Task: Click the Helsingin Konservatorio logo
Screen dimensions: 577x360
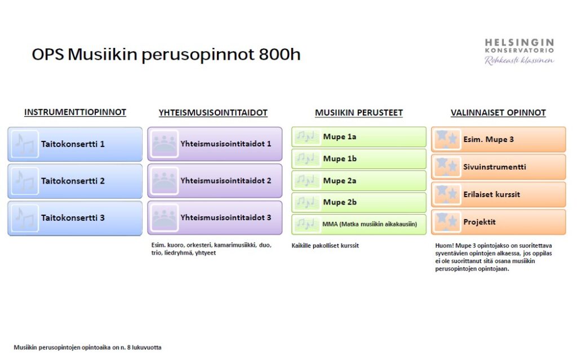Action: [x=519, y=51]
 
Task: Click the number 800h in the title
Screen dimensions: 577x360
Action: [x=279, y=54]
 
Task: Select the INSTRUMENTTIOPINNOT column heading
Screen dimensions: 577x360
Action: [x=75, y=112]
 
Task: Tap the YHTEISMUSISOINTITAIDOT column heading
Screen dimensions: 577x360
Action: [x=213, y=113]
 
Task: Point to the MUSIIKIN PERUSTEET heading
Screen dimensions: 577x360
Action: [x=359, y=113]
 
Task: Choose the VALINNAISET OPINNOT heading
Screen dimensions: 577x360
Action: [x=498, y=113]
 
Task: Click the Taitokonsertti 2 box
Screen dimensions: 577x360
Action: [x=75, y=181]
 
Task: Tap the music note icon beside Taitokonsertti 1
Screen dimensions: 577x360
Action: [x=25, y=144]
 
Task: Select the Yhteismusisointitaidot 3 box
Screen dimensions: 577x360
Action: [x=215, y=217]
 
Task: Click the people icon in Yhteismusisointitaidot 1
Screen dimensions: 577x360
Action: [x=165, y=144]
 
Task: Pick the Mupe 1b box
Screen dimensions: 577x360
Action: [x=359, y=159]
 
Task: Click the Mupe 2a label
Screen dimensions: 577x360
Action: [x=340, y=181]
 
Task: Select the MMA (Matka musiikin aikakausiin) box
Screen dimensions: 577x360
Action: [x=359, y=224]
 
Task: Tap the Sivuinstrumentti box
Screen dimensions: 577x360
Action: [x=499, y=167]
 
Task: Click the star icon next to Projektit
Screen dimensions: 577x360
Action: [x=447, y=221]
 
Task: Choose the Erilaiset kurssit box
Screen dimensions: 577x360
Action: [x=499, y=194]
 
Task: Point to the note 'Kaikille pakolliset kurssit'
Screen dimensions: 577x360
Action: [x=325, y=246]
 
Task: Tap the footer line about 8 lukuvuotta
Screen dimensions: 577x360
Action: [x=87, y=347]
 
